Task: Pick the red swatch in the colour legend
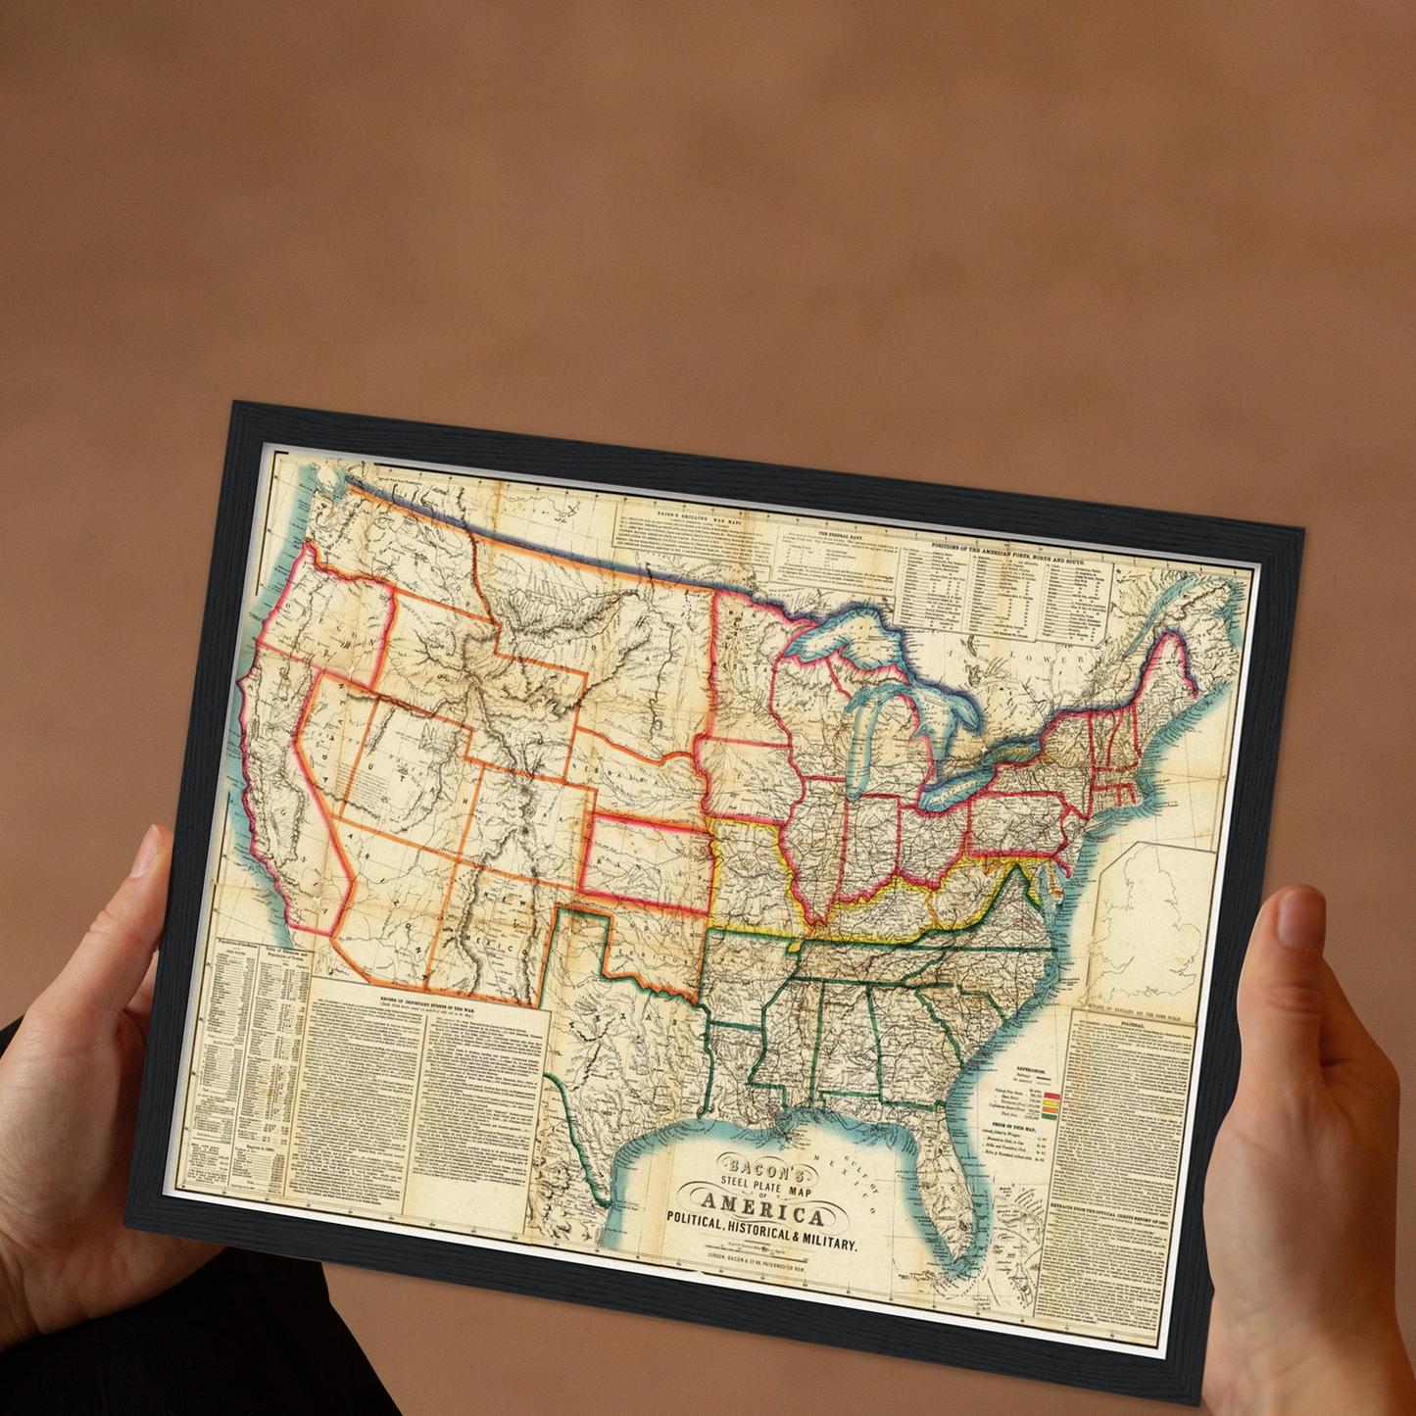pos(1051,1095)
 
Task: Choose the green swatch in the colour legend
pos(1049,1115)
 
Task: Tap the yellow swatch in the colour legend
pos(1050,1104)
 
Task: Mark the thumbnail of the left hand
pos(146,853)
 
